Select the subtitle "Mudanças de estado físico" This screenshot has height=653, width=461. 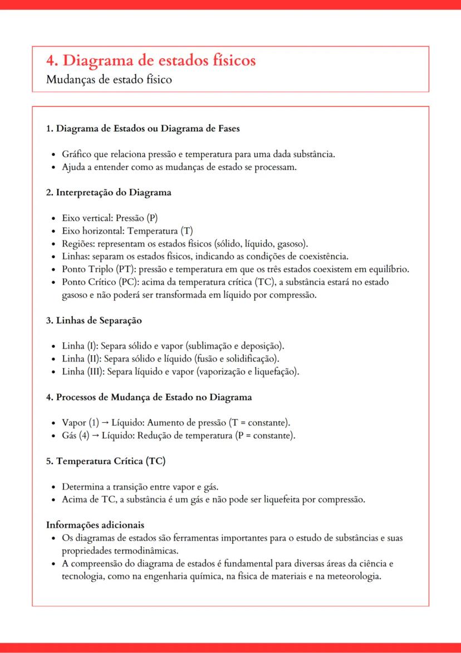point(109,80)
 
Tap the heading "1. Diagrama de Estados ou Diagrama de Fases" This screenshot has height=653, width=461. point(143,129)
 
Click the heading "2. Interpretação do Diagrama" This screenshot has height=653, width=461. point(108,192)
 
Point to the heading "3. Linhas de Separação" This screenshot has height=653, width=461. point(94,321)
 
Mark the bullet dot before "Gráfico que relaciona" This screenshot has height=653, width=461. point(52,154)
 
